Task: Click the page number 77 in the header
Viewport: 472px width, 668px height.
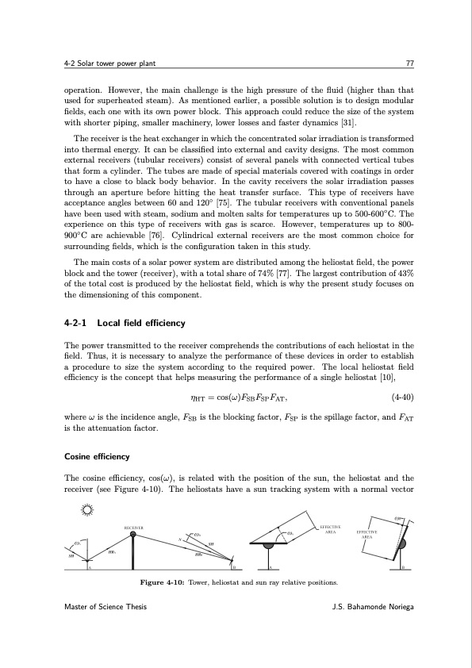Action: point(406,63)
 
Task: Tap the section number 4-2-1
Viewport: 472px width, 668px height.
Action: point(77,323)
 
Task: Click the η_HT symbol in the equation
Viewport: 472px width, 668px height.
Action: point(198,398)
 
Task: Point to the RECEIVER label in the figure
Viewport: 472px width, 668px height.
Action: point(132,524)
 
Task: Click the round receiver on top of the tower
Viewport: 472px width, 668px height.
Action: point(132,534)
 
